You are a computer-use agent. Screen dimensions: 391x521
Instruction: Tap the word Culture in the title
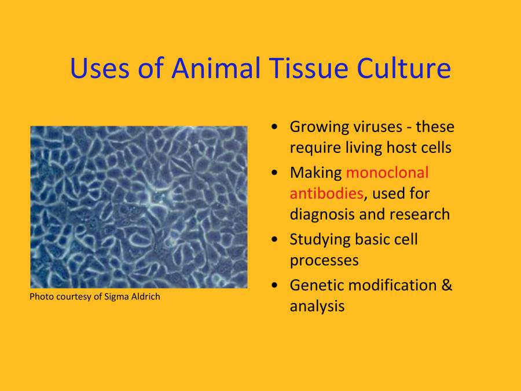coord(403,68)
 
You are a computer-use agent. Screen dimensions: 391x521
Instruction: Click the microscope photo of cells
coord(139,207)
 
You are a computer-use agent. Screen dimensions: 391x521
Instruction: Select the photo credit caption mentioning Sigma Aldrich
coord(95,297)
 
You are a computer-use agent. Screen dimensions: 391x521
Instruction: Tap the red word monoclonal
coord(387,173)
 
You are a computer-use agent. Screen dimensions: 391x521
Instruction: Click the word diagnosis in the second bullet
coord(321,214)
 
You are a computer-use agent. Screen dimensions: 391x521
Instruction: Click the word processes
coord(324,261)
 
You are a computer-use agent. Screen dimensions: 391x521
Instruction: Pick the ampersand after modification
coord(446,285)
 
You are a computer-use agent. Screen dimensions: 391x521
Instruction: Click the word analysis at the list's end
coord(317,306)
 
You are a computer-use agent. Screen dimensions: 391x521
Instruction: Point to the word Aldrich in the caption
coord(145,297)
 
